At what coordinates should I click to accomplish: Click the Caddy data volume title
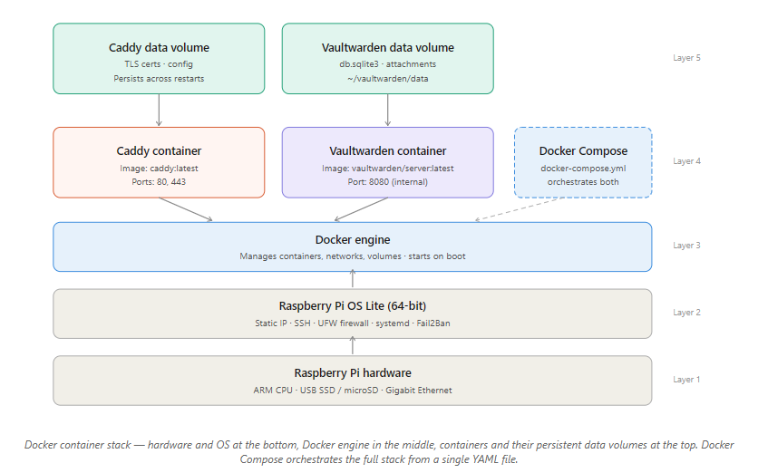(x=159, y=47)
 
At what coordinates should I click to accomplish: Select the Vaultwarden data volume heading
(x=388, y=47)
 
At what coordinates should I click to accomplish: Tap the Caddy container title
(x=159, y=150)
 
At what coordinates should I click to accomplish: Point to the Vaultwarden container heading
(x=388, y=150)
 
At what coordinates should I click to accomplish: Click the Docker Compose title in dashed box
(x=583, y=150)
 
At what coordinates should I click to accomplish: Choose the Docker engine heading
(x=353, y=239)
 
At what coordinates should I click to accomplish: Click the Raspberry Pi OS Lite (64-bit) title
(x=353, y=305)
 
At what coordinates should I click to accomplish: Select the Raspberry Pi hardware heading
(x=353, y=372)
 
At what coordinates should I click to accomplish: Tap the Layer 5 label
(x=686, y=58)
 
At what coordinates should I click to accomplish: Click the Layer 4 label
(x=686, y=161)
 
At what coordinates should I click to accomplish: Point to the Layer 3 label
(x=686, y=246)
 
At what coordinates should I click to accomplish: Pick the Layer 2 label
(x=686, y=313)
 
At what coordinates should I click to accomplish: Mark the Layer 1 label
(x=686, y=380)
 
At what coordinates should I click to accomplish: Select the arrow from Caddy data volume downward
(x=159, y=110)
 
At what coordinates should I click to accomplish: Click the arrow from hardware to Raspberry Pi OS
(x=353, y=345)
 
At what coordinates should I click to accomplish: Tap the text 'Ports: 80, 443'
(x=159, y=181)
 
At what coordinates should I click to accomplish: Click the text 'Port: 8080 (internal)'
(x=388, y=181)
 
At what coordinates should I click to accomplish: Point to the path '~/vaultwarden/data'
(x=388, y=79)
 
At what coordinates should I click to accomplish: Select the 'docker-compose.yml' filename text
(x=583, y=168)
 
